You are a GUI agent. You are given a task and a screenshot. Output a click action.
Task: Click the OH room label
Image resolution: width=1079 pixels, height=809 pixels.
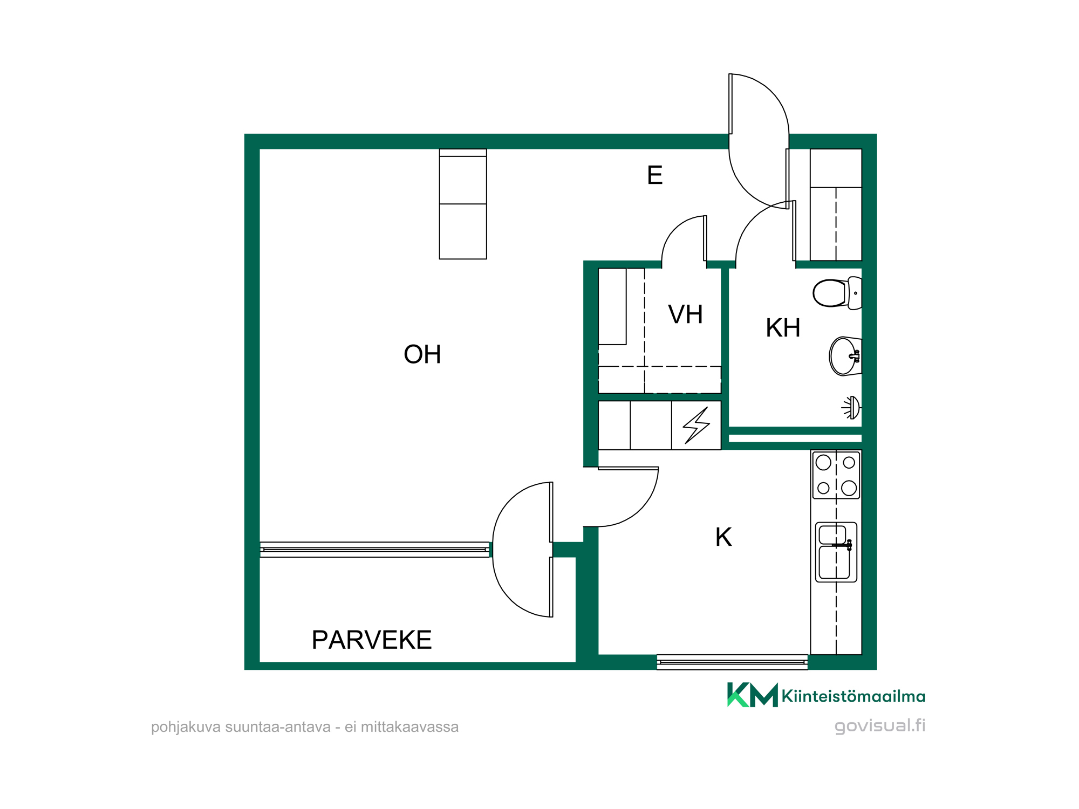point(422,354)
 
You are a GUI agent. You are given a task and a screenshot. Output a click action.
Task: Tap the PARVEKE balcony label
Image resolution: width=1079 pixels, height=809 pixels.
point(372,640)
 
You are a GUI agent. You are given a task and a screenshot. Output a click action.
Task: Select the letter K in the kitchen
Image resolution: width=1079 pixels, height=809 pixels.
point(723,537)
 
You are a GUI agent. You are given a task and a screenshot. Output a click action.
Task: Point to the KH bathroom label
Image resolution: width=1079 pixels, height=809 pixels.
point(783,328)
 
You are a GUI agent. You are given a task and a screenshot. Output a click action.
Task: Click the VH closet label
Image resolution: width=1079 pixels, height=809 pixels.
point(685,314)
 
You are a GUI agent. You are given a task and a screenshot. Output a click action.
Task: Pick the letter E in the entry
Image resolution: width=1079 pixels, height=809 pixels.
point(654,175)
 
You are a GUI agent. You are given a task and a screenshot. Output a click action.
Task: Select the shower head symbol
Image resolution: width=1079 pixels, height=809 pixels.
point(851,408)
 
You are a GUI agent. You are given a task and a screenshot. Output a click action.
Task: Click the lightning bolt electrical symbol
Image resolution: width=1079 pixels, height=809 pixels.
point(696,426)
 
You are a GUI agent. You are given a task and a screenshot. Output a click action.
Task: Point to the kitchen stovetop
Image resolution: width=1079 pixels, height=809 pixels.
point(836,475)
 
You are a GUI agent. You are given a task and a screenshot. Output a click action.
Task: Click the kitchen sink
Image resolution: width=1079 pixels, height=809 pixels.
point(836,552)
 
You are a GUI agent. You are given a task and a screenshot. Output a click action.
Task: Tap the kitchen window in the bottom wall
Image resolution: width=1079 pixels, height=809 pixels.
point(732,662)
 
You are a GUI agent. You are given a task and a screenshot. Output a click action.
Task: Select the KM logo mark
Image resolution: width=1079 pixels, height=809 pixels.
point(753,695)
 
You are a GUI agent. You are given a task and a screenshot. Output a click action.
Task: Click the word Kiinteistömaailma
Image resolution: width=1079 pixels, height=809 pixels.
point(853,696)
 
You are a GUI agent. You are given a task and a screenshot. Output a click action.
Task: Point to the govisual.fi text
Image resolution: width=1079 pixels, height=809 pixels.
point(880,726)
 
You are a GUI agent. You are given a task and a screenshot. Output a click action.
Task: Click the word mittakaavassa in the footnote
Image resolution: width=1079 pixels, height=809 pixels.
point(409,727)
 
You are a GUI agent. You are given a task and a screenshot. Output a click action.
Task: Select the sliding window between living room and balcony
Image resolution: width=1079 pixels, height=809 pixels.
point(375,550)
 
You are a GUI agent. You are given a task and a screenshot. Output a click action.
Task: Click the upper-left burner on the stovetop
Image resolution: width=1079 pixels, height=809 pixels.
point(823,462)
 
